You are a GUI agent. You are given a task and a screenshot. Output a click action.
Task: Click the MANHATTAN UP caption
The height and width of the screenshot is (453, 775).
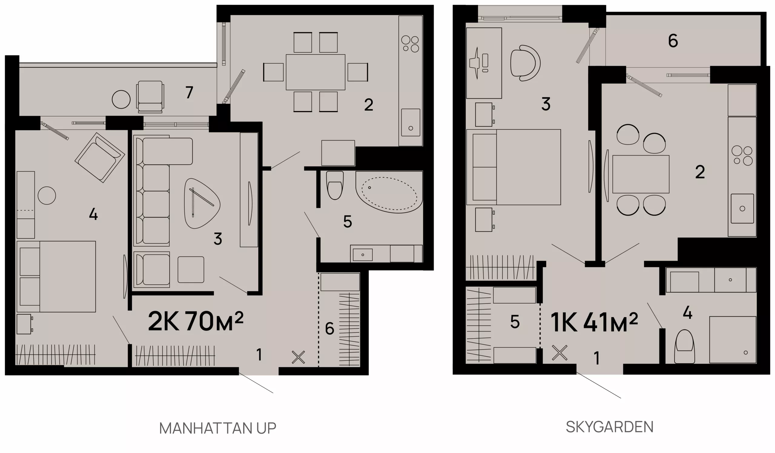coord(218,428)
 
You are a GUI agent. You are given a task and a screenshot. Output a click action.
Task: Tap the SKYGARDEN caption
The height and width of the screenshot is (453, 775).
coord(609,427)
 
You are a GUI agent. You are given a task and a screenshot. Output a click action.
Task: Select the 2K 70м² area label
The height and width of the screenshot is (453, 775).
coord(196,321)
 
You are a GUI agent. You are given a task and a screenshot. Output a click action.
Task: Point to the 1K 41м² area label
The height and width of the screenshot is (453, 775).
coord(594,322)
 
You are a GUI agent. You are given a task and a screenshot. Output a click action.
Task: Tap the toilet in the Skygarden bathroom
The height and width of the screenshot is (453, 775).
coord(684,347)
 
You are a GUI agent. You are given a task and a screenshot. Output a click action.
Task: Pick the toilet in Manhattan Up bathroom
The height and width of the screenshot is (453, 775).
coord(335,185)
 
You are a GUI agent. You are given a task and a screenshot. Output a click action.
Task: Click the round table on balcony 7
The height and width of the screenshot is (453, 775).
coord(121,99)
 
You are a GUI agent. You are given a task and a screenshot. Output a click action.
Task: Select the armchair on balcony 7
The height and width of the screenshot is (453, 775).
coord(150,97)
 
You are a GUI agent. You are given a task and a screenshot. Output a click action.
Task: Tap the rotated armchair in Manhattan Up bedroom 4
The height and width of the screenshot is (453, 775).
coord(100,158)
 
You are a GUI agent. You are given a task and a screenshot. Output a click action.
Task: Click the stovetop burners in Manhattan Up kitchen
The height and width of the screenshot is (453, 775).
coord(411,44)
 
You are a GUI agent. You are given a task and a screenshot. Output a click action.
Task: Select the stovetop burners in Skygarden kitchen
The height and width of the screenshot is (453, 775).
coord(742,156)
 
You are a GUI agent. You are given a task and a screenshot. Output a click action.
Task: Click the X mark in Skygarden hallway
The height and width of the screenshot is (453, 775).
coord(559,353)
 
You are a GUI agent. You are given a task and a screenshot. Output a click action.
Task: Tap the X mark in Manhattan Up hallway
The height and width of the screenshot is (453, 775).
coord(298,357)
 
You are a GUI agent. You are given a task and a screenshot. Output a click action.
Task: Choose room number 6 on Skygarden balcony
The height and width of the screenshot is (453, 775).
coord(673,41)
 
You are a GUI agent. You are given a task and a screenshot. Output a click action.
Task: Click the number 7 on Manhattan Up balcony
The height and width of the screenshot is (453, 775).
coord(189,92)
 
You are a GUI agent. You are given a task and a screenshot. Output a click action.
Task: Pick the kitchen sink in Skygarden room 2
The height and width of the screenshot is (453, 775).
coord(742,209)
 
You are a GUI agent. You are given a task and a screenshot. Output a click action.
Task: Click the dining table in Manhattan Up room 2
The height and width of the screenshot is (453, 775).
coord(315,72)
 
